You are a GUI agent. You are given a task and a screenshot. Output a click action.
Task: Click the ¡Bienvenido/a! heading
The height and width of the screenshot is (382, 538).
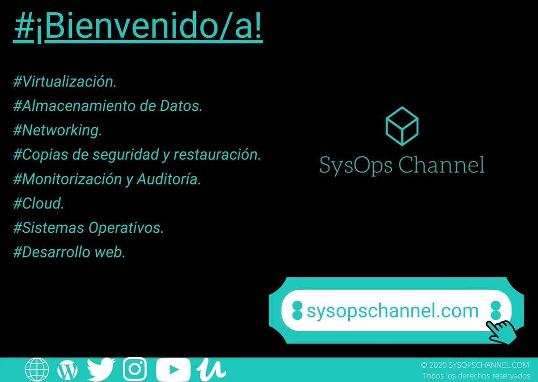138,28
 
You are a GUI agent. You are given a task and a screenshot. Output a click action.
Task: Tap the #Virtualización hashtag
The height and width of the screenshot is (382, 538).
65,82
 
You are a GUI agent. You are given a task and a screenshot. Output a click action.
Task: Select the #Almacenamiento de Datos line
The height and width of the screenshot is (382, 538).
108,106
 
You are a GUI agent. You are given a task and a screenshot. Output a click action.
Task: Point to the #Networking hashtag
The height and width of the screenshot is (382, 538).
58,130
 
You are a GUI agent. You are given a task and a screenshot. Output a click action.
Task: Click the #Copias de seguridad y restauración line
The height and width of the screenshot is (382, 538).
137,155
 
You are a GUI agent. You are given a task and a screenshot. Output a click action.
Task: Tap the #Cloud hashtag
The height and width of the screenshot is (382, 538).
39,204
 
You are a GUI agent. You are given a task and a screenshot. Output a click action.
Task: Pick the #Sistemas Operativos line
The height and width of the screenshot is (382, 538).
89,228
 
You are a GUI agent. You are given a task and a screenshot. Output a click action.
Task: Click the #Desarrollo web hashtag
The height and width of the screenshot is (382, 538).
69,252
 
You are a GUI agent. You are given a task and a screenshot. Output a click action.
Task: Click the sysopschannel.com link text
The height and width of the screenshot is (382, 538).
393,310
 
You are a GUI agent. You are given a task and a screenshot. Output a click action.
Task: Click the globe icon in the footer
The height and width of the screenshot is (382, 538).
37,370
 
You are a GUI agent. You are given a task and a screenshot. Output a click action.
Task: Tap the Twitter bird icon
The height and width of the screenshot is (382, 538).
101,370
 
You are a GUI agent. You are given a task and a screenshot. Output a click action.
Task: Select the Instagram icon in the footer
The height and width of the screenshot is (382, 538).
134,370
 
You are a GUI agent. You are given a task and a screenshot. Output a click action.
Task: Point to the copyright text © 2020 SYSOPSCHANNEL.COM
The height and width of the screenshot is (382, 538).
475,365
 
